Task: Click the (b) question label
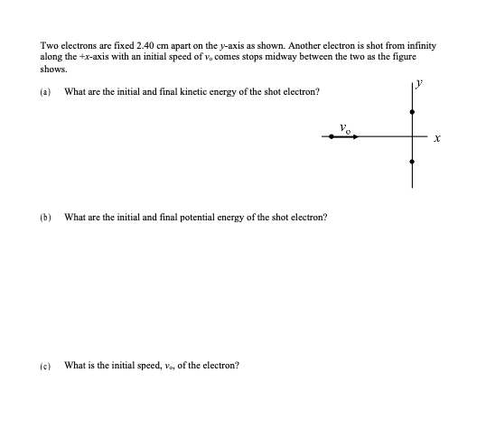[x=45, y=218]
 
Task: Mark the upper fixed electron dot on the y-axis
[x=413, y=112]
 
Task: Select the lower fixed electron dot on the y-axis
[x=413, y=161]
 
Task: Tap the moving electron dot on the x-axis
[x=332, y=136]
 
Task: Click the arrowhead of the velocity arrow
[x=355, y=136]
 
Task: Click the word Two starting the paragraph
[x=49, y=44]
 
